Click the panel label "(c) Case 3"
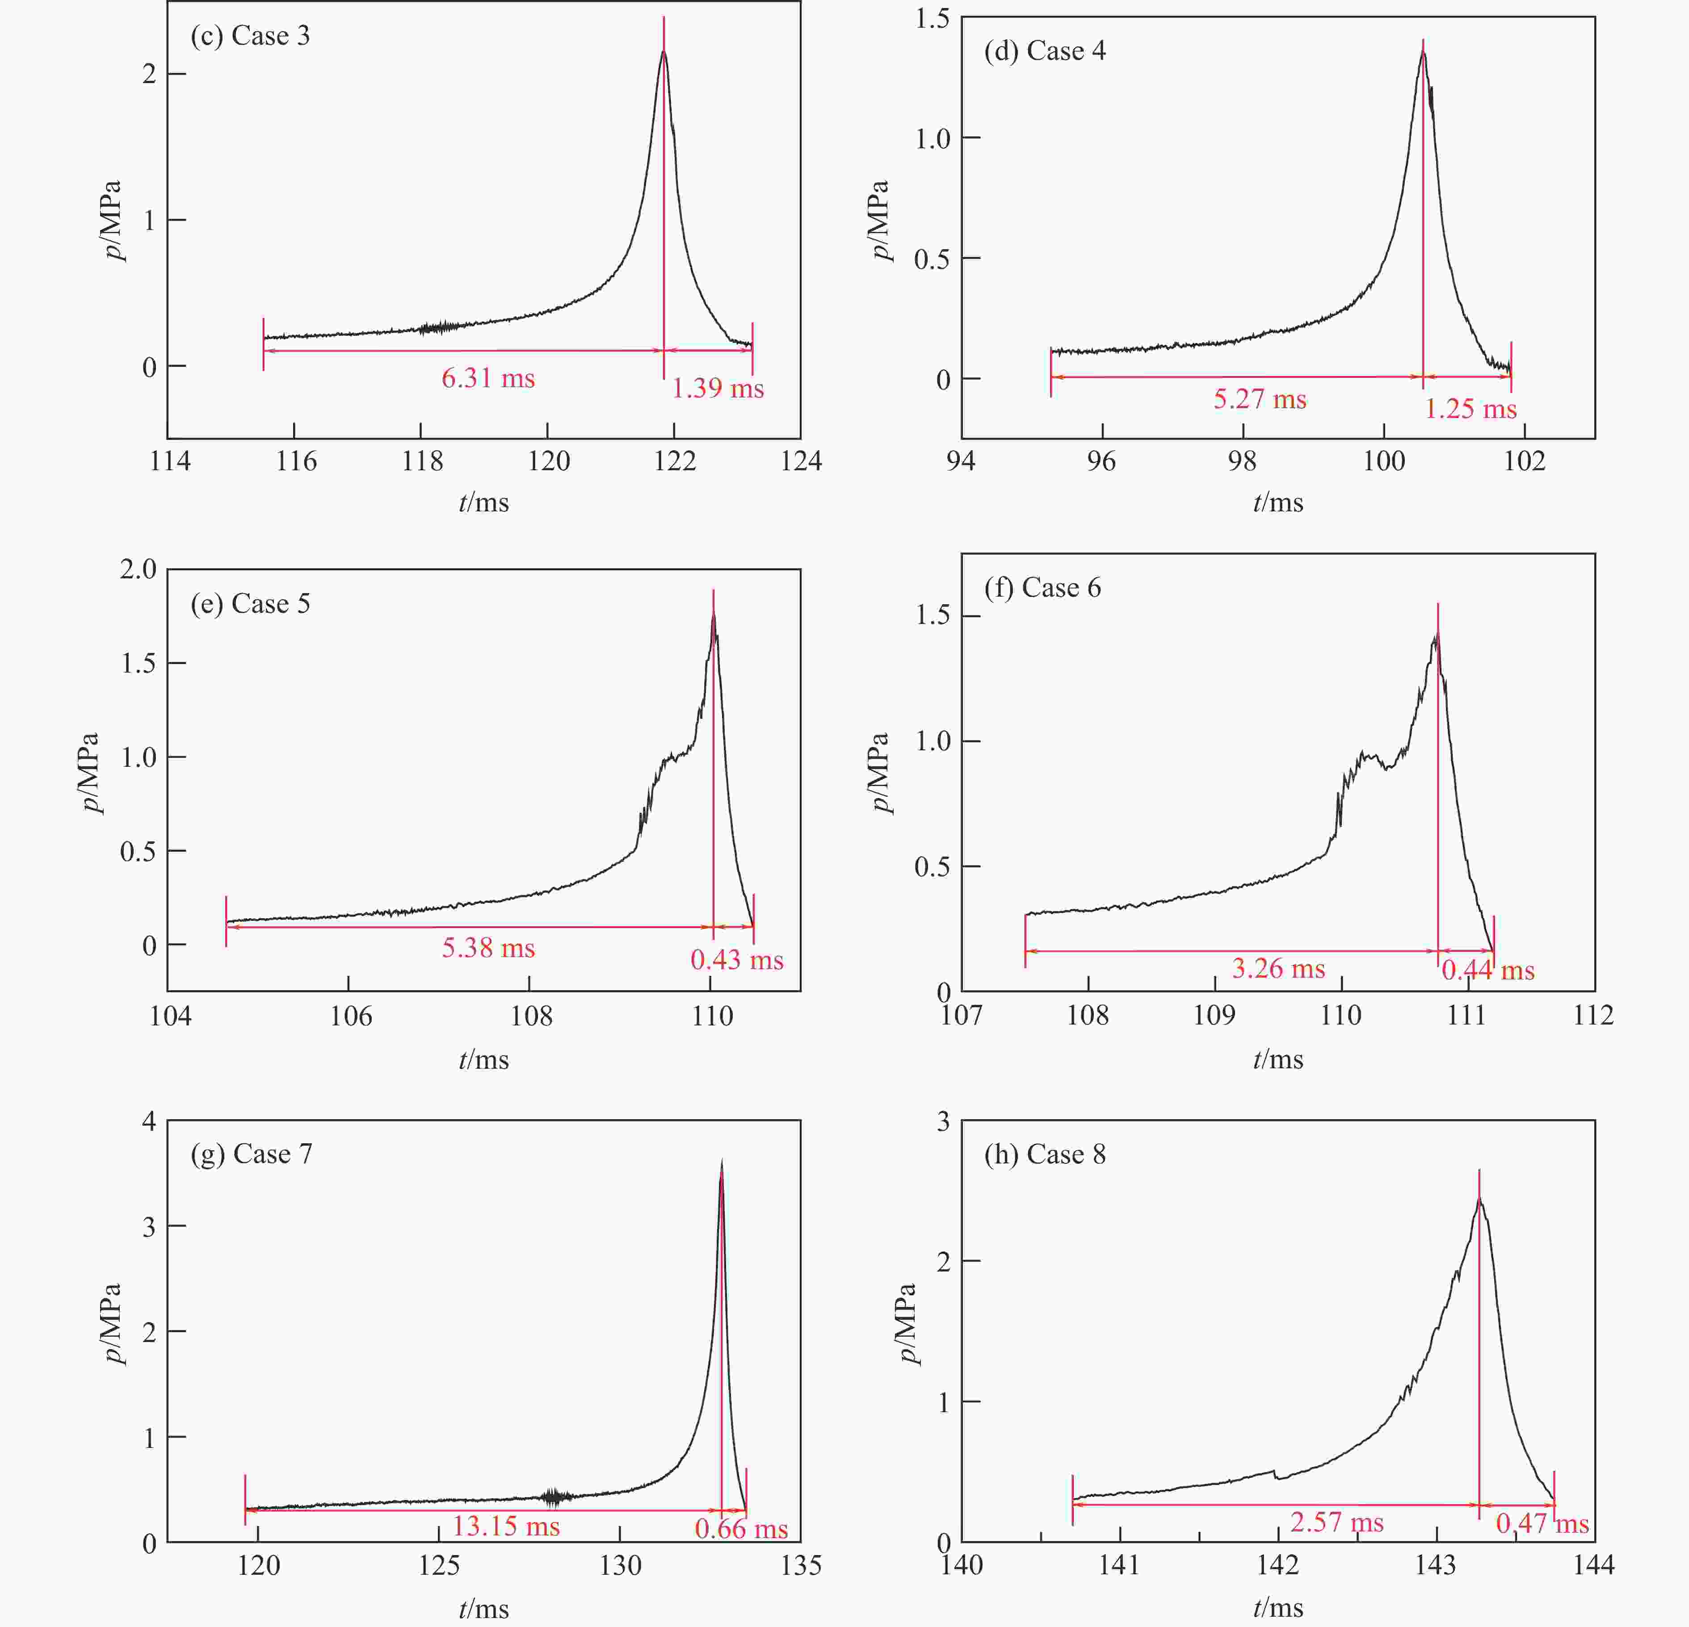[x=250, y=36]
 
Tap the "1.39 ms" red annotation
[x=718, y=389]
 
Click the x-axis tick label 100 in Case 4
[x=1384, y=462]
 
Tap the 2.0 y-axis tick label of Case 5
[x=138, y=569]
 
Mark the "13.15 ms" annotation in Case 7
[x=506, y=1526]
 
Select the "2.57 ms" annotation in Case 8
[x=1336, y=1522]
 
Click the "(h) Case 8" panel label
[x=1044, y=1154]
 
